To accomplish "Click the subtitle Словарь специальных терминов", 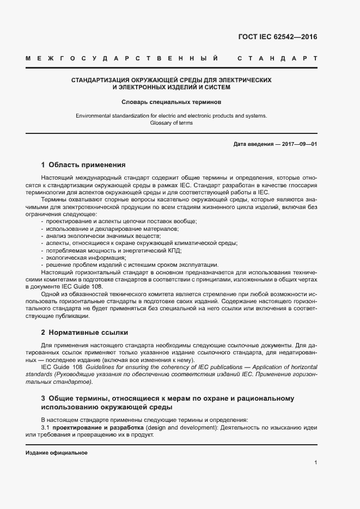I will point(171,101).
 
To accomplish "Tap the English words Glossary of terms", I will point(171,123).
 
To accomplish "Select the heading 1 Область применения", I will point(83,164).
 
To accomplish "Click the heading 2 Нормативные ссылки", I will point(84,332).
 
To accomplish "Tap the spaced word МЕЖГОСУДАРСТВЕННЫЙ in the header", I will point(123,58).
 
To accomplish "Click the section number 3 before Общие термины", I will point(43,398).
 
